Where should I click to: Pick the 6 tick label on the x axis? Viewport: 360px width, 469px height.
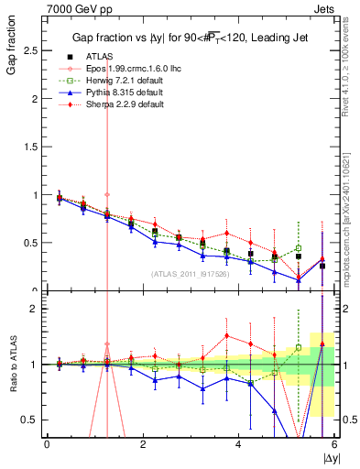click(334, 444)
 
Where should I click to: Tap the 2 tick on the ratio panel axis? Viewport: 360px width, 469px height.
click(33, 310)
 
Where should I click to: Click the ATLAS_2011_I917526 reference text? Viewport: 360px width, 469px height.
click(189, 273)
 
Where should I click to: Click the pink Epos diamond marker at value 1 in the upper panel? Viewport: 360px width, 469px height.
click(107, 194)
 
